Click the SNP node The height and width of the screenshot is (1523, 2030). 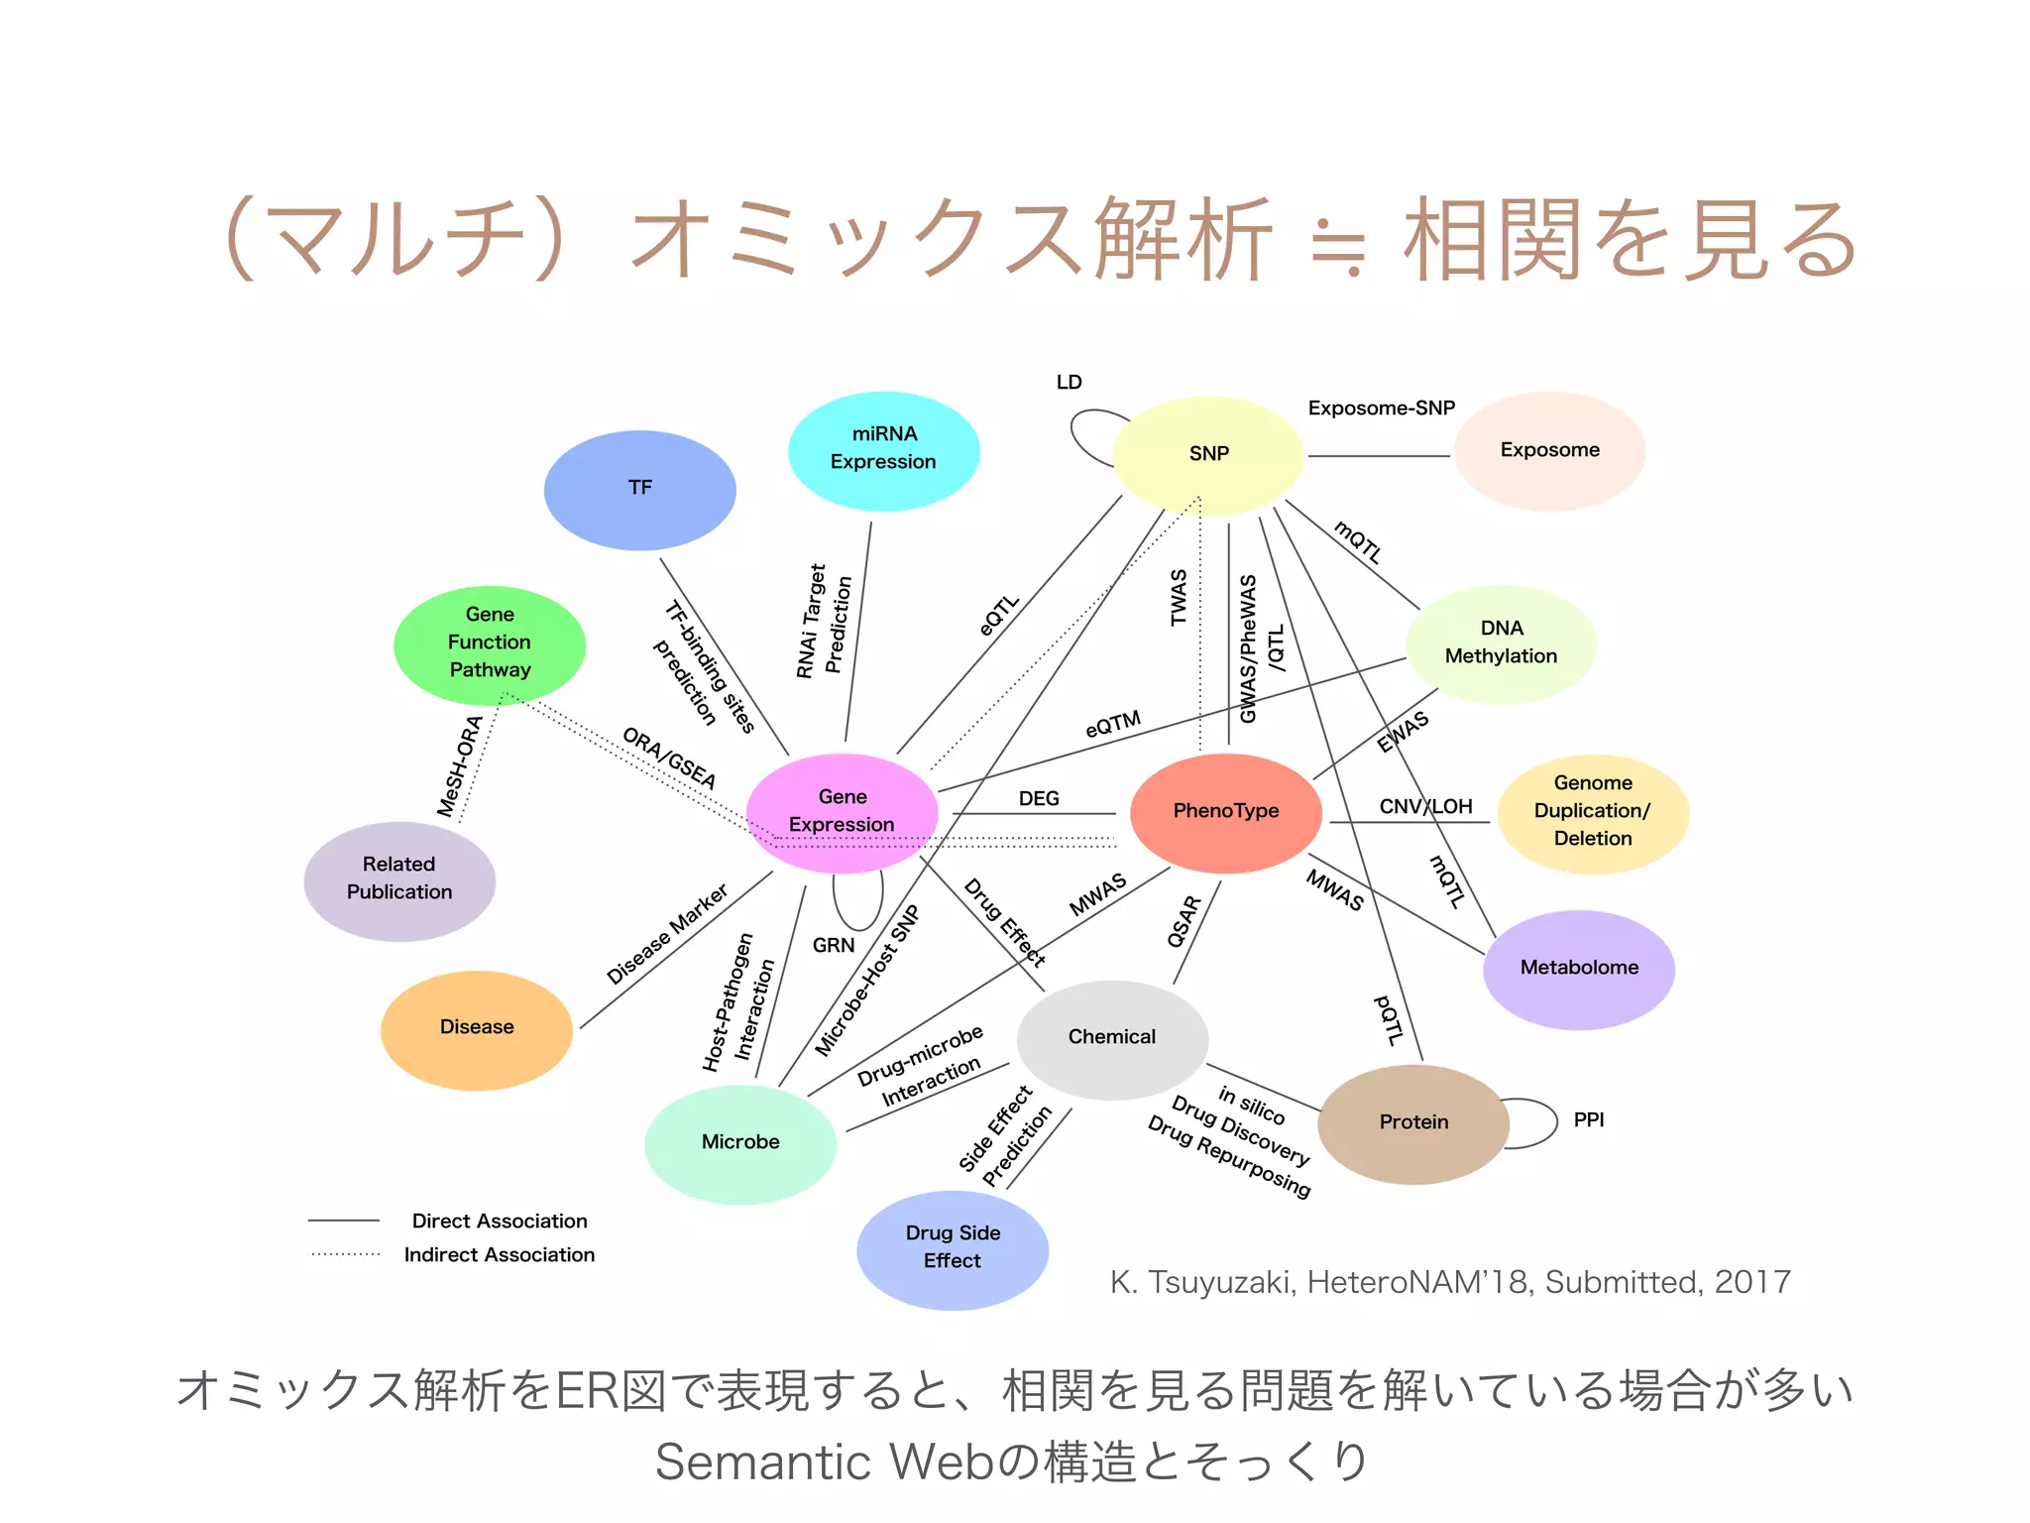click(x=1207, y=454)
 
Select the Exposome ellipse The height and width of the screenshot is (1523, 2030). click(x=1549, y=451)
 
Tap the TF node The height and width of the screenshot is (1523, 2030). click(x=639, y=489)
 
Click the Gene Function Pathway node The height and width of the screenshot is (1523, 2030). click(x=490, y=644)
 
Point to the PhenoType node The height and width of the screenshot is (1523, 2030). click(x=1226, y=812)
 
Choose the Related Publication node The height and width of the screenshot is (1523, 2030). click(x=399, y=879)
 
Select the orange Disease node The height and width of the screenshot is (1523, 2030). click(x=477, y=1028)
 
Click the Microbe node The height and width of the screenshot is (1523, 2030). click(x=740, y=1143)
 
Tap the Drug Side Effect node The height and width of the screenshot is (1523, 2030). click(x=953, y=1248)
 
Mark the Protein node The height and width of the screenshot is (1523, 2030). click(x=1413, y=1123)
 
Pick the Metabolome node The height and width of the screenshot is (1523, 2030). click(x=1579, y=969)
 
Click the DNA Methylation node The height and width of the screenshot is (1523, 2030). click(x=1501, y=644)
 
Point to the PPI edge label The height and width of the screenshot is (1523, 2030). click(x=1588, y=1120)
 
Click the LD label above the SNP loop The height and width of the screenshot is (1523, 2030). click(x=1069, y=383)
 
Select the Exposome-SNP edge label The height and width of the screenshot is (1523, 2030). click(x=1381, y=409)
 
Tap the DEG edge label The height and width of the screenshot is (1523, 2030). click(x=1039, y=799)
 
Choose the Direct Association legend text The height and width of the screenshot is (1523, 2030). click(x=500, y=1222)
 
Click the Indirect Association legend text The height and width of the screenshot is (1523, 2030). click(x=500, y=1255)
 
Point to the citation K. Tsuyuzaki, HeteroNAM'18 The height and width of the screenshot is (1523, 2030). click(x=1449, y=1283)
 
